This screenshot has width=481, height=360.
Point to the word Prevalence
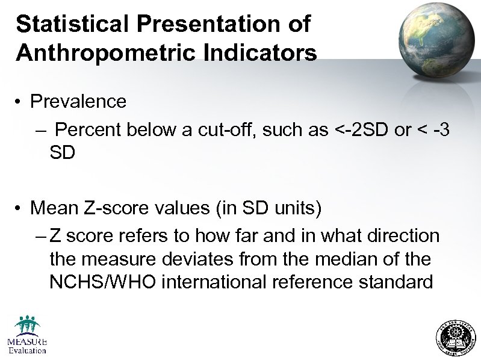pyautogui.click(x=78, y=101)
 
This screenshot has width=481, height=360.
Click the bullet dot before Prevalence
pyautogui.click(x=20, y=101)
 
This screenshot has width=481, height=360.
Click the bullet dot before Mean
pyautogui.click(x=20, y=208)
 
